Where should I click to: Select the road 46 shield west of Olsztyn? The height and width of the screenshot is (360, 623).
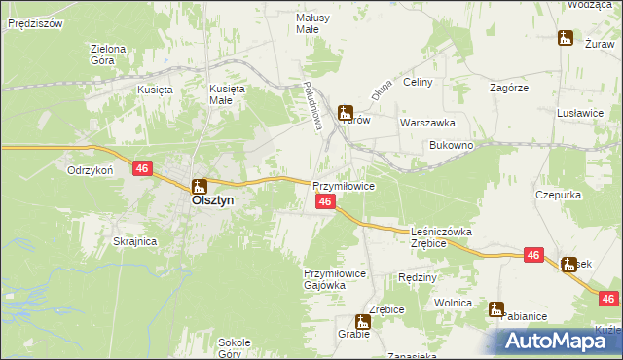click(143, 169)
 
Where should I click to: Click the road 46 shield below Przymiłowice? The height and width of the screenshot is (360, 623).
click(326, 201)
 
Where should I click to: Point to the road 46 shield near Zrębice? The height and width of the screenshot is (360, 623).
click(532, 255)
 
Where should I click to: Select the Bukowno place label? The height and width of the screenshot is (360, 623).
click(451, 145)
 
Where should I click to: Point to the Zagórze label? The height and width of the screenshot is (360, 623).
click(509, 87)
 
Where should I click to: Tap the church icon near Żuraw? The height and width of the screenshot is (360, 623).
click(566, 39)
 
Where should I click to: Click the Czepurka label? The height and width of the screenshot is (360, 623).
click(559, 195)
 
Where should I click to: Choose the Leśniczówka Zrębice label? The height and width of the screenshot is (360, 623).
click(441, 237)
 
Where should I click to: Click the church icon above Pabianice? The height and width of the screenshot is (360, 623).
click(496, 310)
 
